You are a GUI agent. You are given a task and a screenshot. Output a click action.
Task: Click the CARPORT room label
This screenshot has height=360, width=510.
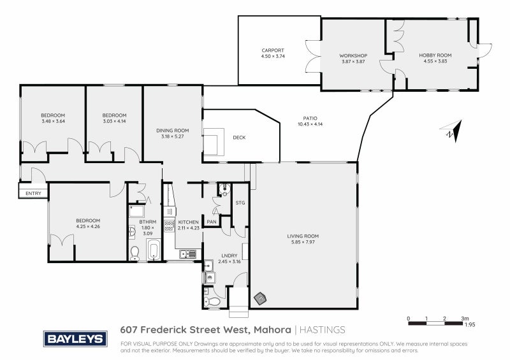272,50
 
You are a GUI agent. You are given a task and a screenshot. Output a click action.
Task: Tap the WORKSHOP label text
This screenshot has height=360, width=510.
353,55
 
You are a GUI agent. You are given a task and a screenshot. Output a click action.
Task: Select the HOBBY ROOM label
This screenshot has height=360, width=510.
435,55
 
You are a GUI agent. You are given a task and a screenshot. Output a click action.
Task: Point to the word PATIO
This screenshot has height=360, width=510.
310,118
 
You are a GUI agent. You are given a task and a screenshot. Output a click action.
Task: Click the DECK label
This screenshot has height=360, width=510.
239,138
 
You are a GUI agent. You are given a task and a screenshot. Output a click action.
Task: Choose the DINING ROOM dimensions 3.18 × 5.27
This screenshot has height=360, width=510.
172,136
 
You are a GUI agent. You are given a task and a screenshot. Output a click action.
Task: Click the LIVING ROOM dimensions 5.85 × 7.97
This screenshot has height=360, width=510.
303,242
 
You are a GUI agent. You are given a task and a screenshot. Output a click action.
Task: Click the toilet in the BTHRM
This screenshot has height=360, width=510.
134,253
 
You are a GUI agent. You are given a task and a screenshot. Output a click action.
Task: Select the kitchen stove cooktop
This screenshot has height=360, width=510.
169,225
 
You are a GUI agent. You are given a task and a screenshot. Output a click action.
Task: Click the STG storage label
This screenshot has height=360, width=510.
240,203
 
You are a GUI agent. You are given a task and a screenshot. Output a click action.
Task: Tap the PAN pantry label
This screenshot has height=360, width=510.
211,221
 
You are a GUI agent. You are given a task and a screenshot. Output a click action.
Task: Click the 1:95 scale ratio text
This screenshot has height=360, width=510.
470,324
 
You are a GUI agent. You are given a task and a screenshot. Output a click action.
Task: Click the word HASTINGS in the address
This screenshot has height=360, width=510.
323,330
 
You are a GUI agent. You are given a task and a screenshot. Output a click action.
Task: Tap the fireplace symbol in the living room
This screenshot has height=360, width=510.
260,296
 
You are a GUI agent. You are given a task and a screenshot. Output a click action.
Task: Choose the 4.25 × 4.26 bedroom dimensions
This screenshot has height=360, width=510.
88,226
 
